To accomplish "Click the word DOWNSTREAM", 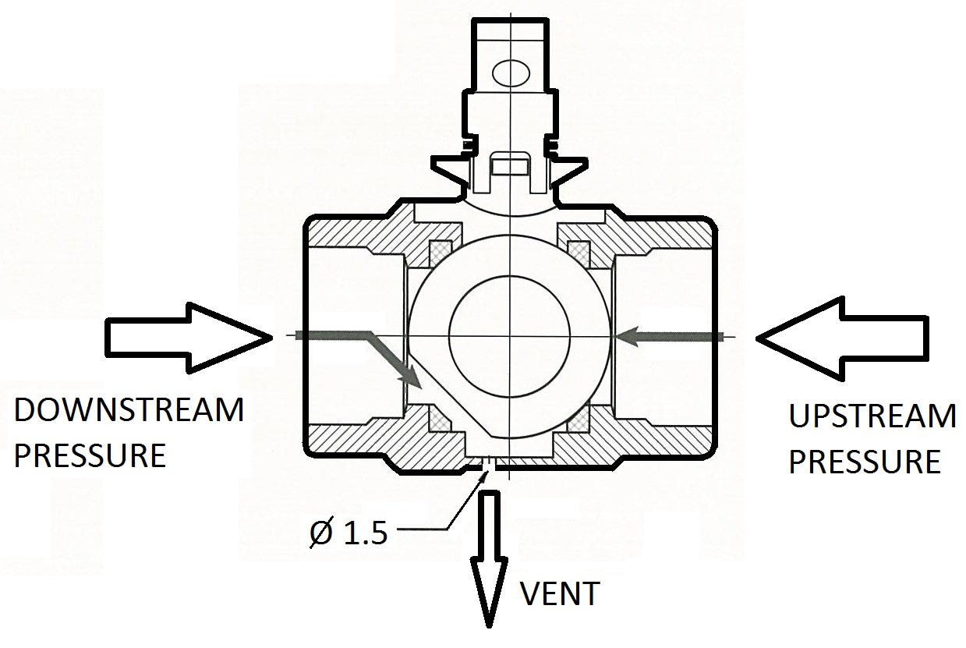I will (x=129, y=409).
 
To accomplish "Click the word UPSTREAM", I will (x=872, y=416).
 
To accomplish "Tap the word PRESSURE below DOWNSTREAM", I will (x=90, y=455).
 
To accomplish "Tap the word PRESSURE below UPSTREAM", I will (x=864, y=462).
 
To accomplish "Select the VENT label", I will (x=560, y=594).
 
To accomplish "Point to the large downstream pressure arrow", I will (x=187, y=336).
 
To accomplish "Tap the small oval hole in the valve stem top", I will (x=511, y=74).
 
